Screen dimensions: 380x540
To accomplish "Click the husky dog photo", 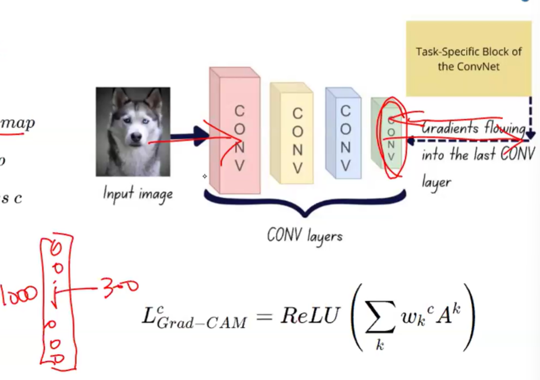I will point(133,132).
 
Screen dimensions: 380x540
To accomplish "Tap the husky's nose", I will point(136,138).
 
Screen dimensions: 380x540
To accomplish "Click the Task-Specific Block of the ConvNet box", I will point(468,59).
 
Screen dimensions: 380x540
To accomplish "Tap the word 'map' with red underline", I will point(17,123).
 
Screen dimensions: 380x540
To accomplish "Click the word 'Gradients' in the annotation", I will point(450,127).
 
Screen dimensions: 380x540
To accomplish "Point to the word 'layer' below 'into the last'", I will point(436,182).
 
